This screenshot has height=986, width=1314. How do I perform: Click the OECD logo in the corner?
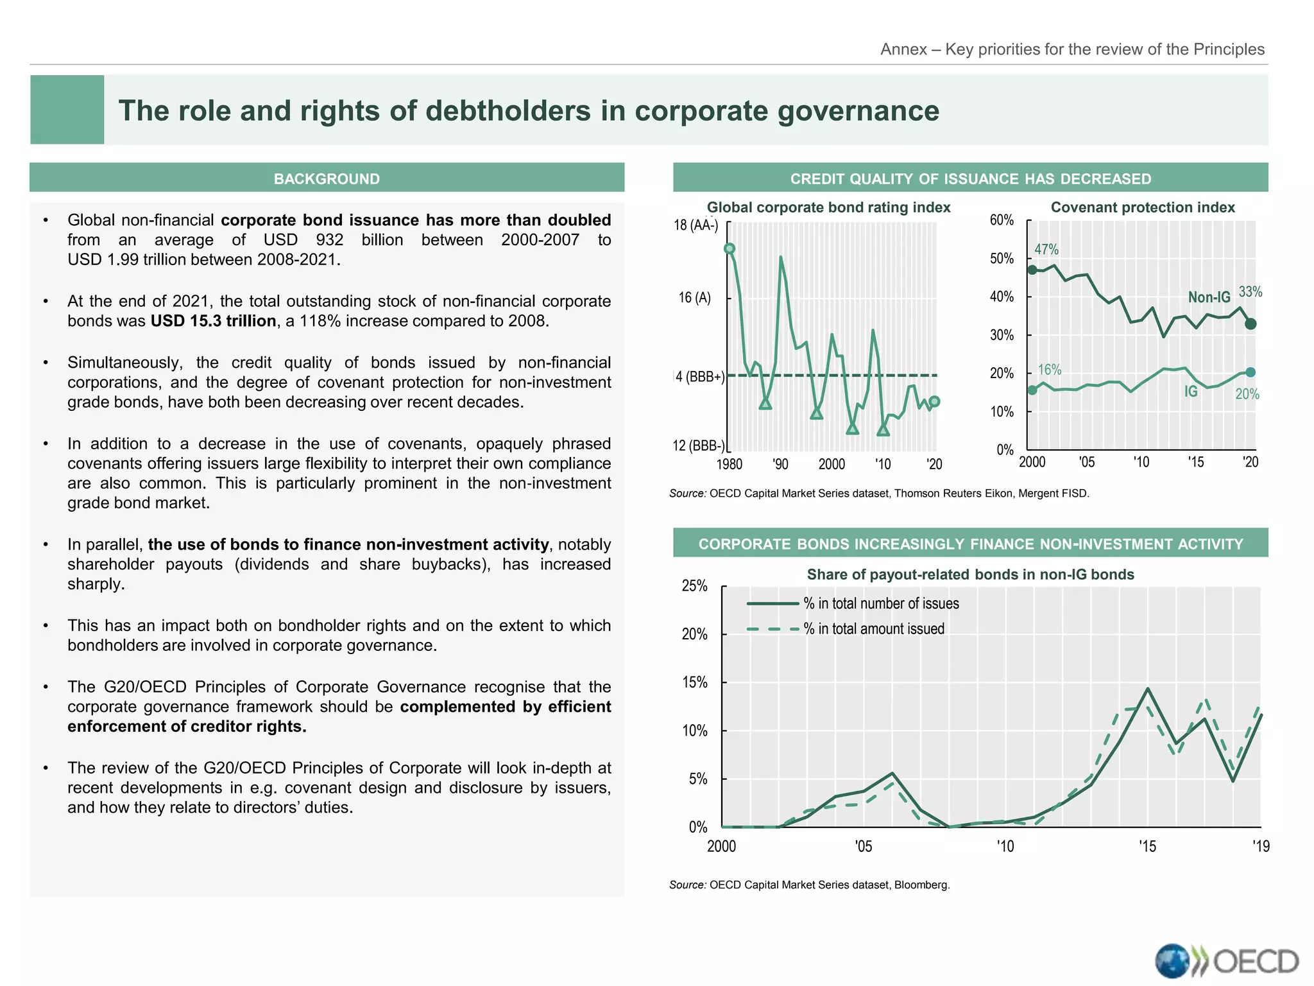1226,961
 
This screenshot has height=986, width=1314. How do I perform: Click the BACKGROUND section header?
327,178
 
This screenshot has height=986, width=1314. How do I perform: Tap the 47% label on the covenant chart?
1046,249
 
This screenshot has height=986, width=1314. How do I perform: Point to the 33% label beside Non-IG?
1250,292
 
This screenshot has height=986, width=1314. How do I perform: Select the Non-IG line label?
1209,297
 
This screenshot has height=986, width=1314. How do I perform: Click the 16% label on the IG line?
1050,370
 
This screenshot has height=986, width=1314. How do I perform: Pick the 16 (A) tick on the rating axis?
695,298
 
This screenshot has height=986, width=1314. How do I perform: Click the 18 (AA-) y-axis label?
695,225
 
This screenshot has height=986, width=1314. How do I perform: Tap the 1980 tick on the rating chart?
729,464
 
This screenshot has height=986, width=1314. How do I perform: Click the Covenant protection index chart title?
1142,207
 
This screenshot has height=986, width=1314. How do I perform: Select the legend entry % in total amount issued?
873,629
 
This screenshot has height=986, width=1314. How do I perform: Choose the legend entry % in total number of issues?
881,603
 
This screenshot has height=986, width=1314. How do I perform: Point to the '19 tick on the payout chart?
1260,846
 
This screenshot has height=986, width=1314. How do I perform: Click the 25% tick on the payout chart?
694,585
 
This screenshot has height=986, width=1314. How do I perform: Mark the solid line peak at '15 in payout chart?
1147,689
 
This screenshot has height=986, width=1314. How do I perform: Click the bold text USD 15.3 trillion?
213,321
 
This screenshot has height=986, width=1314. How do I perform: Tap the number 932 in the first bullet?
329,240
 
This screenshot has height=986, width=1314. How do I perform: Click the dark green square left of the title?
67,110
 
